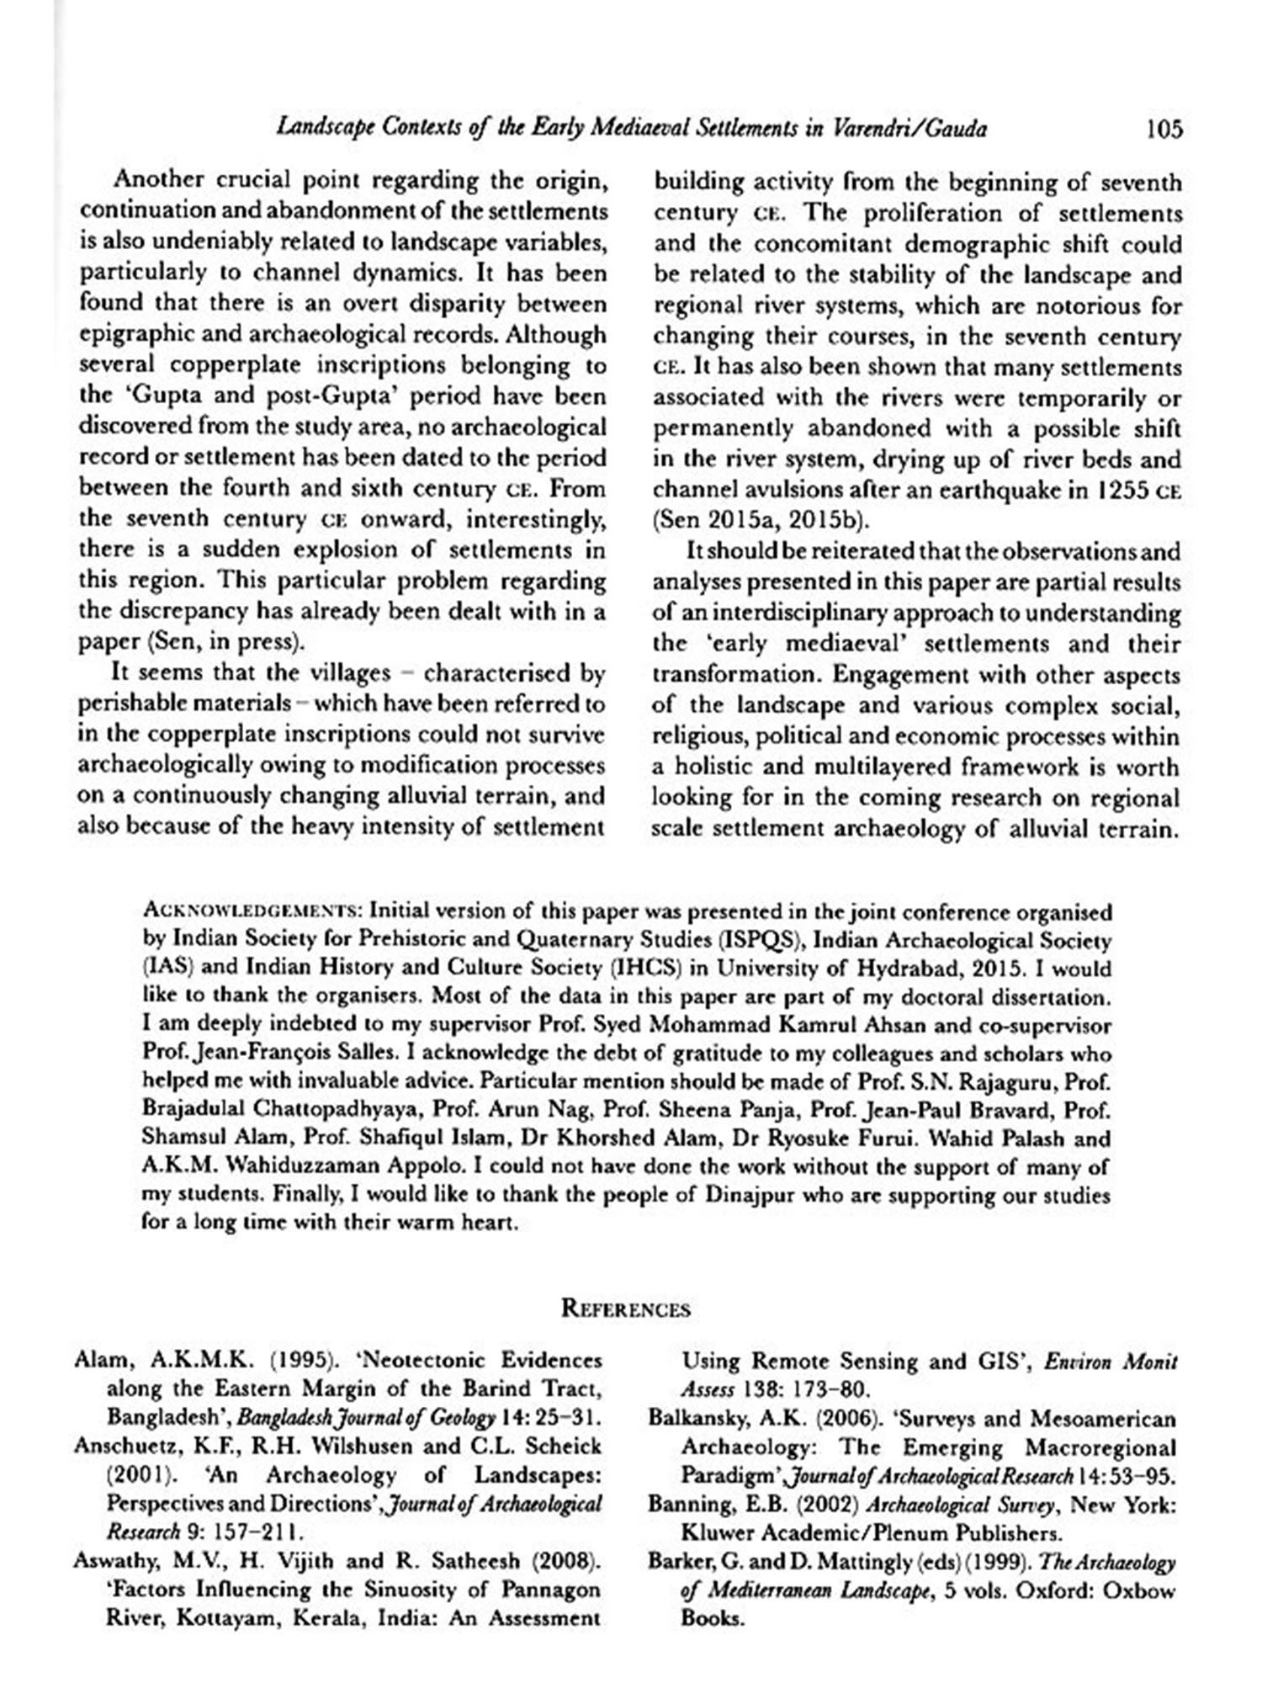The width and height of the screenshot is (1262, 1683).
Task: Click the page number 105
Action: tap(1164, 129)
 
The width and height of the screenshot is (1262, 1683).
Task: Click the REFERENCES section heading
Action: tap(625, 1309)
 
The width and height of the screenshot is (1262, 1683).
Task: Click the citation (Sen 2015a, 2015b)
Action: tap(761, 521)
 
